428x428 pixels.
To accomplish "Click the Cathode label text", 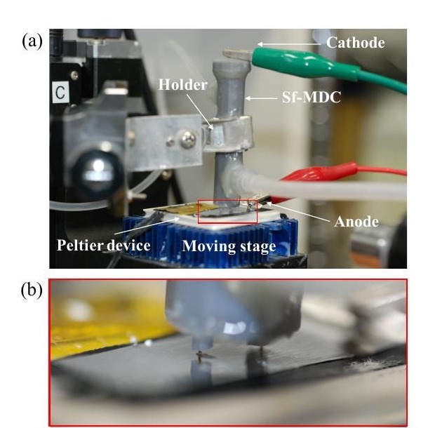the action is [x=356, y=43].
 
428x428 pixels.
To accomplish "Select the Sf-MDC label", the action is [x=312, y=97].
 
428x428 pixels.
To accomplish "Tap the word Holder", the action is [x=183, y=85].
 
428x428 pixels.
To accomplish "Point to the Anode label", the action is [x=356, y=222].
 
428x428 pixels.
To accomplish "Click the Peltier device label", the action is [x=103, y=245].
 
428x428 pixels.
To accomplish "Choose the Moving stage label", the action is [x=229, y=246].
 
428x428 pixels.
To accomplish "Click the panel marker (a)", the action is [x=32, y=41].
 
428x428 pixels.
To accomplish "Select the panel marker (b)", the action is [x=32, y=290].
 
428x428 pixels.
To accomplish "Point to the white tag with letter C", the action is [x=60, y=92].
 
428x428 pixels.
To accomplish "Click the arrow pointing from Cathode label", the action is [x=289, y=44].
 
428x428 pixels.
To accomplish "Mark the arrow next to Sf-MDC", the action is [x=261, y=98].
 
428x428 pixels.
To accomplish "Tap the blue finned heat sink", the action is [x=210, y=236].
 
